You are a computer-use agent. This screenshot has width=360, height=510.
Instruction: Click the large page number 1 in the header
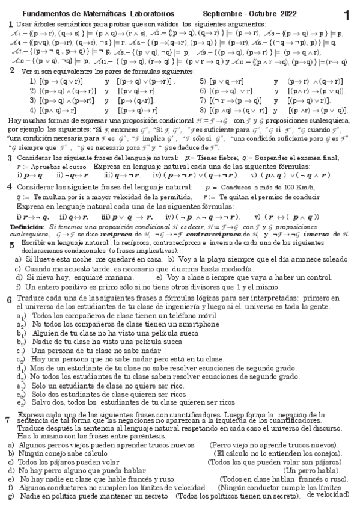tap(347, 14)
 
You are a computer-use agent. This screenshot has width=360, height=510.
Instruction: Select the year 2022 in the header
tap(270, 13)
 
